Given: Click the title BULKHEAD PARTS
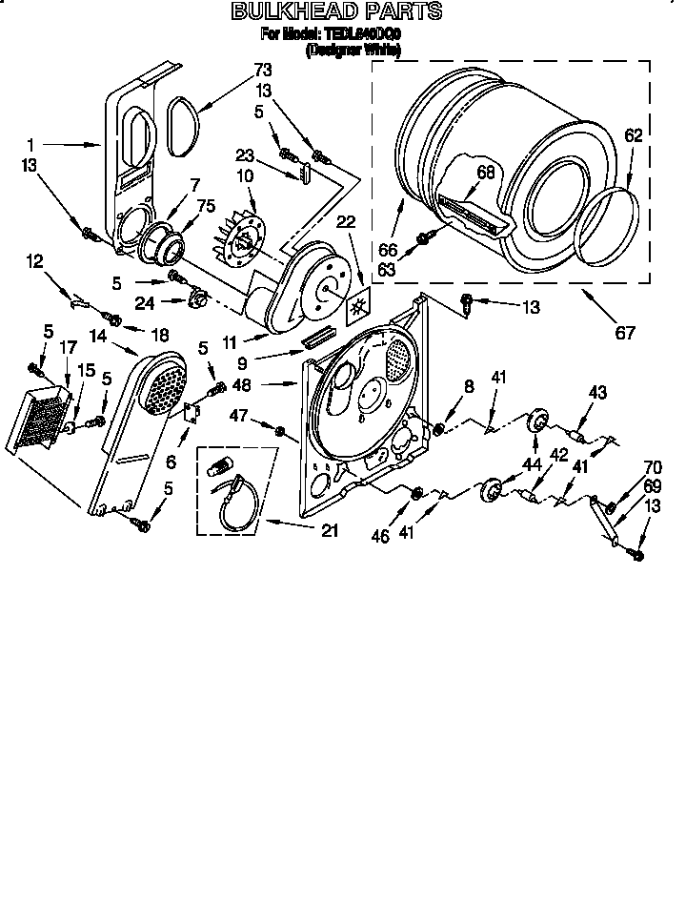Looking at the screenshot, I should (337, 12).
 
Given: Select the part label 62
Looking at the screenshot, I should (634, 135).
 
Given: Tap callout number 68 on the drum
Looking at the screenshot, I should (487, 173).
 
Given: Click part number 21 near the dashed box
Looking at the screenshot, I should (330, 530).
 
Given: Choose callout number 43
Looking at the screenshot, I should (597, 392).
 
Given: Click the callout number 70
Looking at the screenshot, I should (652, 468).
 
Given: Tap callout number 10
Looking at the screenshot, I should (246, 176).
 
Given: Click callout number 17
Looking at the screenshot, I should (67, 349).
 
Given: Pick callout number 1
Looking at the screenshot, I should (30, 145).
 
